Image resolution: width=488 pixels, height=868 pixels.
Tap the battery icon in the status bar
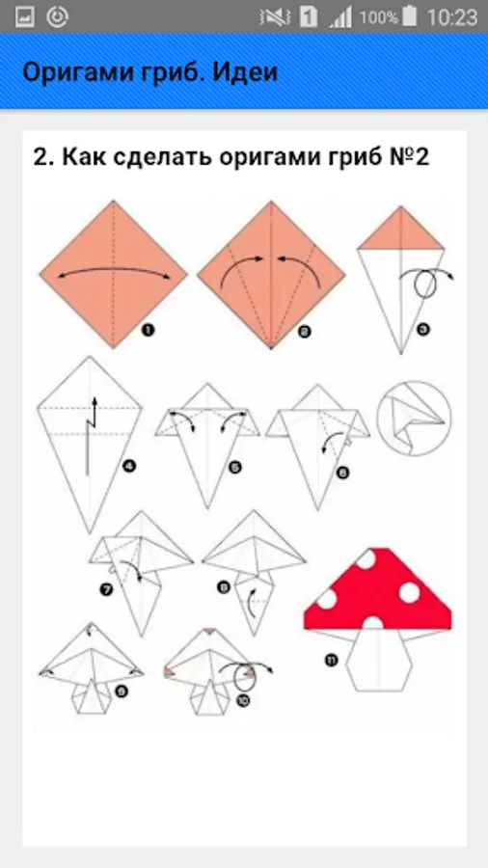(x=410, y=17)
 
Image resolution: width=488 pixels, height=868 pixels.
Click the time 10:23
(x=451, y=17)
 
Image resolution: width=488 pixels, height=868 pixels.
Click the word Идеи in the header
(x=252, y=72)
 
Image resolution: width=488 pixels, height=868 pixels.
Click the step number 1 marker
(x=148, y=331)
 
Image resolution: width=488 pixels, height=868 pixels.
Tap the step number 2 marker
(x=304, y=332)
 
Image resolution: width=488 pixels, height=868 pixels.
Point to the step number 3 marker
(x=423, y=330)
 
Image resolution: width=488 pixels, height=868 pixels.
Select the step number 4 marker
(x=129, y=466)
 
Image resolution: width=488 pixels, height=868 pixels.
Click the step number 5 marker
(x=234, y=468)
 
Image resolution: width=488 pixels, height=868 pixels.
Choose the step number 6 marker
(x=342, y=473)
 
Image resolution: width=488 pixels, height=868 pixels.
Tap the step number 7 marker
(x=105, y=590)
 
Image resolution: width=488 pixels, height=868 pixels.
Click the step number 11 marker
(x=331, y=660)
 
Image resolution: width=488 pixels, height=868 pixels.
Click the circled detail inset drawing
(x=414, y=419)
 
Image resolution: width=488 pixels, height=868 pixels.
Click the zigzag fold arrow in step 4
(x=91, y=436)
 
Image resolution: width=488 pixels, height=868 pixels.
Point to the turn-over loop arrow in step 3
(x=425, y=283)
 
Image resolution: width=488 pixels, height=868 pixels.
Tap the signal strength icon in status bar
(x=340, y=17)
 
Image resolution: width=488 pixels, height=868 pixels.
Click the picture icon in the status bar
(x=25, y=17)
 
